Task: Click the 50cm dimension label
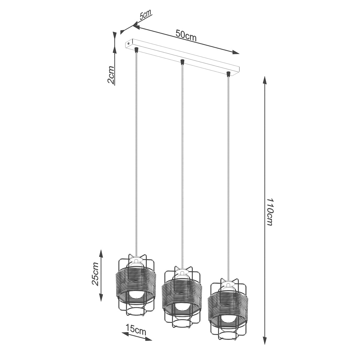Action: click(x=186, y=36)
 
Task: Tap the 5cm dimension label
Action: click(x=146, y=15)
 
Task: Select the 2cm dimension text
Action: click(x=111, y=75)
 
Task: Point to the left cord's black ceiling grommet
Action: click(x=136, y=49)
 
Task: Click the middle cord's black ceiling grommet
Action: click(x=182, y=62)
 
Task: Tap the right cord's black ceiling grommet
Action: click(x=228, y=73)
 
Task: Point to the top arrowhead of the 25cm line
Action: click(x=101, y=253)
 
